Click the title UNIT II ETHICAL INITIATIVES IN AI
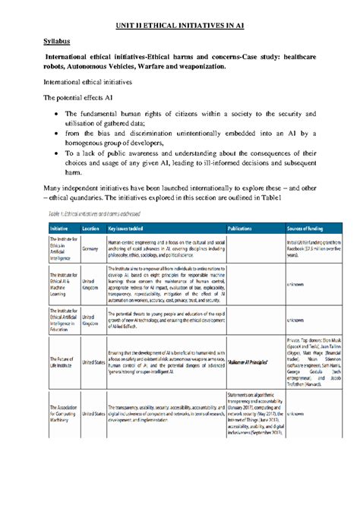(x=179, y=25)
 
